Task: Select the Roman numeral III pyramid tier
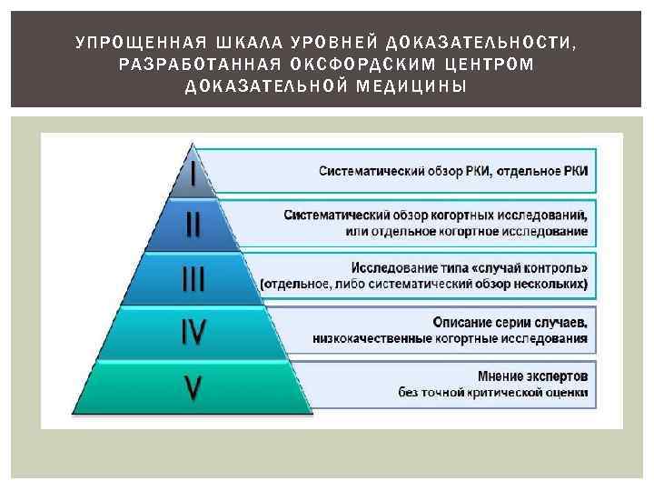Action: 193,278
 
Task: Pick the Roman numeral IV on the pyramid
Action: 193,332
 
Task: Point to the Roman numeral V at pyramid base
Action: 193,388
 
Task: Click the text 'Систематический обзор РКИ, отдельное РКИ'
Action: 453,171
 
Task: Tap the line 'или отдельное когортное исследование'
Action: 467,232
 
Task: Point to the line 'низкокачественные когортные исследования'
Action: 450,339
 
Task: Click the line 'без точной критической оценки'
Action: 493,393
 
